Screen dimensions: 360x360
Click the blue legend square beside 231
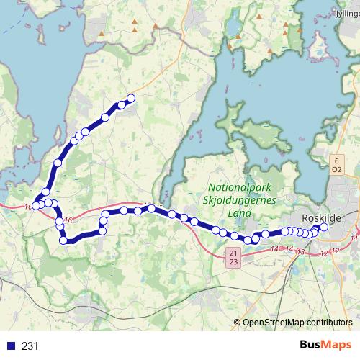[x=11, y=346]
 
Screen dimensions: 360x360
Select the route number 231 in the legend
[x=30, y=346]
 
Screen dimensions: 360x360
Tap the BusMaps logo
[x=330, y=346]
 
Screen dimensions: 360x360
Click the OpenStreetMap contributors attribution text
[x=297, y=322]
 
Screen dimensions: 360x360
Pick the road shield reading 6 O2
[x=336, y=165]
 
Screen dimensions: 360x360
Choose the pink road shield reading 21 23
[x=232, y=258]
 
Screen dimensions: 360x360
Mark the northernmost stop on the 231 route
[x=131, y=99]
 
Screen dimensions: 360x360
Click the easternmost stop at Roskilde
[x=323, y=228]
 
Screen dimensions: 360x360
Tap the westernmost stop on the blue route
[x=35, y=207]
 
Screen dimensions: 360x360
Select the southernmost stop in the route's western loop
[x=64, y=240]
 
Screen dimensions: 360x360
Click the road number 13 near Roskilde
[x=301, y=252]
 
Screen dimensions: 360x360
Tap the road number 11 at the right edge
[x=354, y=237]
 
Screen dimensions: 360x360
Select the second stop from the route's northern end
[x=122, y=105]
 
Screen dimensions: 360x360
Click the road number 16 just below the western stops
[x=68, y=220]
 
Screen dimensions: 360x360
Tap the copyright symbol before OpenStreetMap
[x=238, y=322]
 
